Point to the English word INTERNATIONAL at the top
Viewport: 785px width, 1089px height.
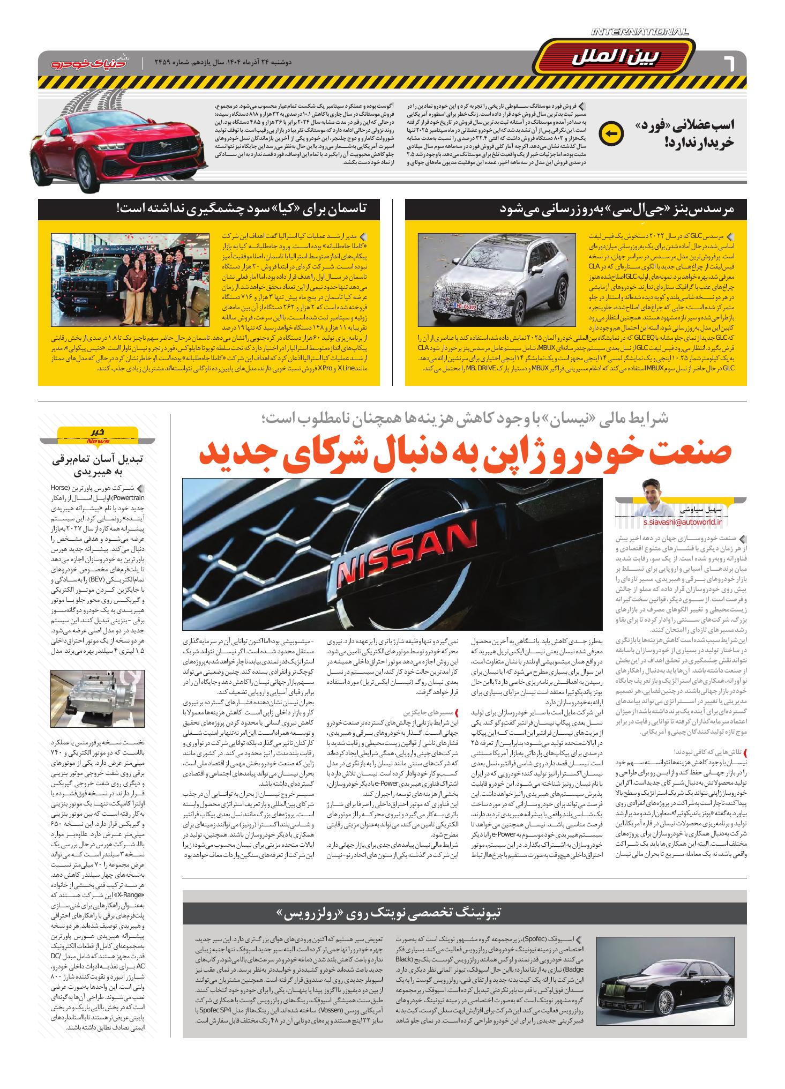coord(640,32)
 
